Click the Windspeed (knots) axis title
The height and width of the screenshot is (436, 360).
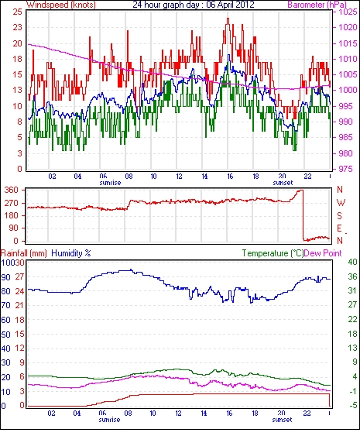tap(61, 5)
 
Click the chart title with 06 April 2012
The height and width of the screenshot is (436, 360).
tap(194, 5)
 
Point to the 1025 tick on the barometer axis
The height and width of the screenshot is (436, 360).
tap(348, 12)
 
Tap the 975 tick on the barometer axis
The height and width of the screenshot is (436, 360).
tap(345, 169)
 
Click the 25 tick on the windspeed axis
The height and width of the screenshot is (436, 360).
tap(17, 12)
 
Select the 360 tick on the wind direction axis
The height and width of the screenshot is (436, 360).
tap(12, 191)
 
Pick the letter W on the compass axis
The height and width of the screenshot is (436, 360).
tap(341, 203)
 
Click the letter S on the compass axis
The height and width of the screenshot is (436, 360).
tap(339, 215)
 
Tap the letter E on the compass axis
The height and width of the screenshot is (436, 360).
tap(339, 228)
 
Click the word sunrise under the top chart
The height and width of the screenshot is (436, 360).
tap(110, 183)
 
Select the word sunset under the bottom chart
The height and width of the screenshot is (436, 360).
tap(282, 419)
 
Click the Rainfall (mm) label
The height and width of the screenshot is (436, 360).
tap(24, 253)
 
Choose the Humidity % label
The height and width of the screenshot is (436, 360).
tap(71, 253)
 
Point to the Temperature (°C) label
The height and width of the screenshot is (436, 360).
tap(273, 253)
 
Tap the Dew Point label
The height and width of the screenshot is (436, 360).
tap(323, 253)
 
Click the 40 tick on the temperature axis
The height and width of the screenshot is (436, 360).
tap(352, 262)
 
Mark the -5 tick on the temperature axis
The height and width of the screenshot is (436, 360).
tap(352, 406)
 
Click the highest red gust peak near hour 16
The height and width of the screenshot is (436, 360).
tap(228, 19)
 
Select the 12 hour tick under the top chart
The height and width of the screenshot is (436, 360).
tap(179, 177)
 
